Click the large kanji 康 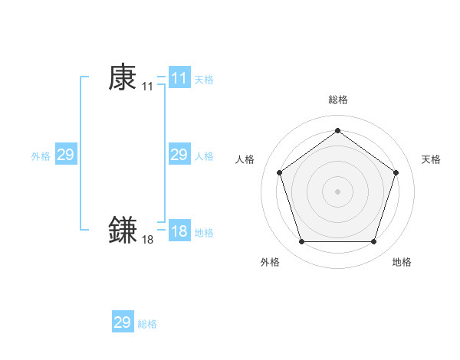coord(123,77)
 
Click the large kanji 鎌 coord(123,231)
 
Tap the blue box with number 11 coord(179,78)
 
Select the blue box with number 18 coord(179,232)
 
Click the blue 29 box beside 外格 coord(66,155)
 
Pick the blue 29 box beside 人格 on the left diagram coord(179,155)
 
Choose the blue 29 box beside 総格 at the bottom coord(123,322)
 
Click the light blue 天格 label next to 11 coord(204,79)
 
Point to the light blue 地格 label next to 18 coord(204,233)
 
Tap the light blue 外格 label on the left coord(41,156)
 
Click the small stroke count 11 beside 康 coord(147,87)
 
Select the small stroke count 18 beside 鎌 coord(147,241)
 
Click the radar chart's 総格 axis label coord(337,100)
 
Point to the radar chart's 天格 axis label coord(431,159)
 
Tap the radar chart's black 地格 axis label coord(402,262)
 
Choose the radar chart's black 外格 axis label coord(270,262)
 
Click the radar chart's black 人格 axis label coord(245,159)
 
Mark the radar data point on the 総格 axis coord(337,131)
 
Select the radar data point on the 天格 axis coord(396,172)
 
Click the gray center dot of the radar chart coord(337,191)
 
